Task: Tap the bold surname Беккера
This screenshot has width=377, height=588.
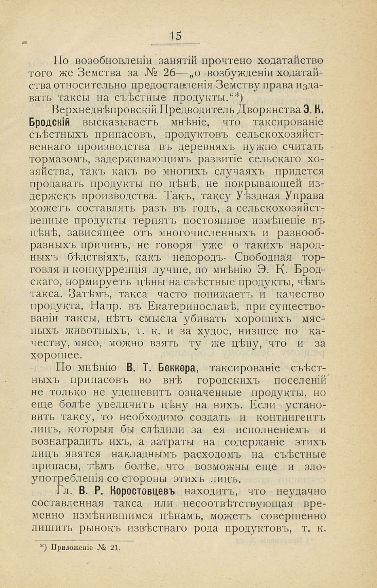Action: pos(178,368)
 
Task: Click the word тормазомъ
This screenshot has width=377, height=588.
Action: pos(60,159)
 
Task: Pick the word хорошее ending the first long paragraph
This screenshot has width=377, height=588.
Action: pos(56,355)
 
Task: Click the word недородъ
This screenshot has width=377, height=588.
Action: pos(200,257)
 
